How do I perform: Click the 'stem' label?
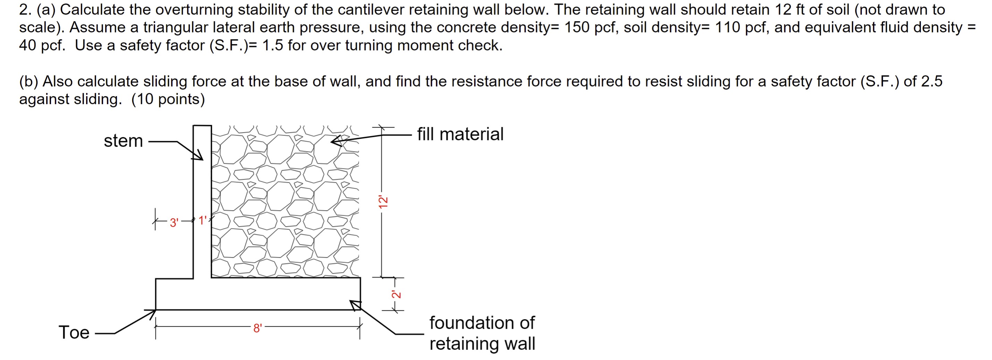pyautogui.click(x=123, y=141)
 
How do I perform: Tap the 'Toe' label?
pyautogui.click(x=74, y=332)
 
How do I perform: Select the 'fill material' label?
pyautogui.click(x=460, y=134)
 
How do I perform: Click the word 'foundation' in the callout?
pyautogui.click(x=482, y=323)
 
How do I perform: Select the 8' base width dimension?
pyautogui.click(x=257, y=328)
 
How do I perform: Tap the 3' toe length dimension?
pyautogui.click(x=174, y=223)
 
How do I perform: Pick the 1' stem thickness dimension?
pyautogui.click(x=203, y=221)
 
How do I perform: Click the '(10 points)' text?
pyautogui.click(x=168, y=99)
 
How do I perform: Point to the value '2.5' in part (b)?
pyautogui.click(x=931, y=81)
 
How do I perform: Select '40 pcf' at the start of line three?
pyautogui.click(x=42, y=45)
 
